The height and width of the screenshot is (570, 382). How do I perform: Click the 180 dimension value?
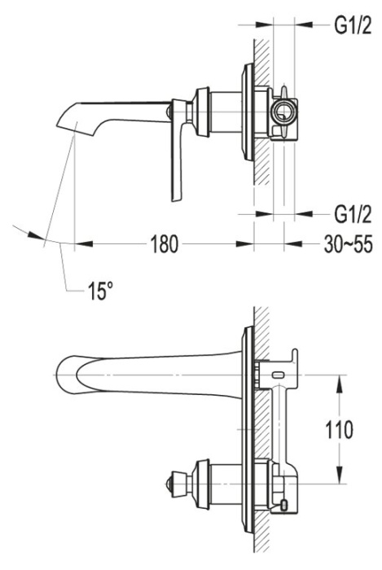pos(165,244)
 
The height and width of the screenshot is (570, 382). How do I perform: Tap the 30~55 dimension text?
pos(348,244)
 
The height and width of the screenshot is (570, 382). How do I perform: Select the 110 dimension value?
pos(338,430)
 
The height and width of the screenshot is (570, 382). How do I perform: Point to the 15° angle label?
pos(101,291)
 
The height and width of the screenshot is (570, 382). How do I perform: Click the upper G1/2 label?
pos(353,25)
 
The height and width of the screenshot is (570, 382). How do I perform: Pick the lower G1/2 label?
pos(353,213)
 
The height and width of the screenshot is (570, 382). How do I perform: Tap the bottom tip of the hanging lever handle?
pos(176,199)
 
